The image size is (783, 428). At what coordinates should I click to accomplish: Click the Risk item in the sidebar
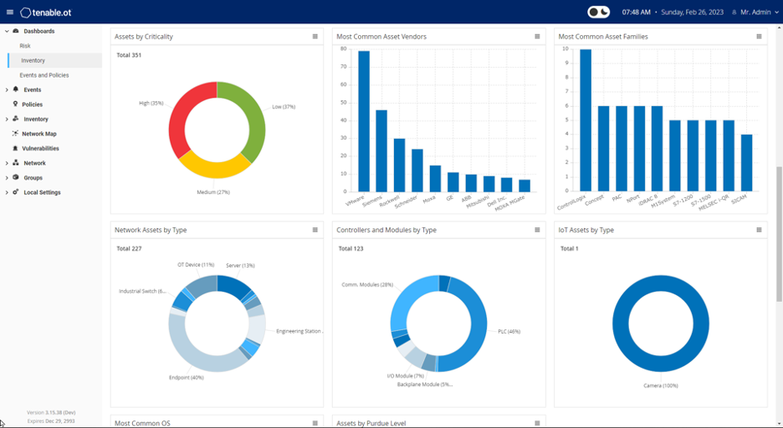pyautogui.click(x=25, y=46)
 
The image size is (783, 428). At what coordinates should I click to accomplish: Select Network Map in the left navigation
pyautogui.click(x=38, y=134)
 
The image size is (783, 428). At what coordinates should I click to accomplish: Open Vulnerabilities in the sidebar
pyautogui.click(x=40, y=149)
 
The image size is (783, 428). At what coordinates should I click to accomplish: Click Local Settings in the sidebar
pyautogui.click(x=42, y=192)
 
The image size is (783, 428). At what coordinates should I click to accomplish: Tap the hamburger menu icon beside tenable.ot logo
pyautogui.click(x=10, y=13)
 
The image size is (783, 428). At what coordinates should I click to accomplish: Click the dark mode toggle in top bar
pyautogui.click(x=598, y=13)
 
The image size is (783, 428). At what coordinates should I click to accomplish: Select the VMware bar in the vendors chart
pyautogui.click(x=364, y=121)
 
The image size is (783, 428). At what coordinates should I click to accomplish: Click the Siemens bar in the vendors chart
pyautogui.click(x=381, y=150)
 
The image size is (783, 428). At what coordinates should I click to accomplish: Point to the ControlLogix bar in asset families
pyautogui.click(x=586, y=121)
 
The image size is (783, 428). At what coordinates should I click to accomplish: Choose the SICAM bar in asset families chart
pyautogui.click(x=746, y=163)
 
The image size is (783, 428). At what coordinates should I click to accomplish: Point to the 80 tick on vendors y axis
pyautogui.click(x=343, y=48)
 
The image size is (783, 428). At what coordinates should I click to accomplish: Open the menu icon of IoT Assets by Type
pyautogui.click(x=759, y=230)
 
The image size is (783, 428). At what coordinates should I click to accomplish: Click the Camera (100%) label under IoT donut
pyautogui.click(x=661, y=386)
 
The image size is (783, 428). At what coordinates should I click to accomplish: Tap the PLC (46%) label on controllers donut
pyautogui.click(x=509, y=332)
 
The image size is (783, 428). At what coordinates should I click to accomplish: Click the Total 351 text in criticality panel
pyautogui.click(x=129, y=55)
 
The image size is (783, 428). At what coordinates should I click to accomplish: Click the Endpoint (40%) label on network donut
pyautogui.click(x=186, y=378)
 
